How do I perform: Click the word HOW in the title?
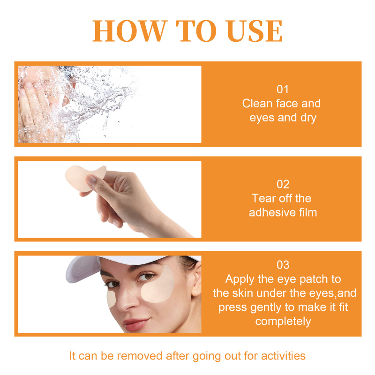130,31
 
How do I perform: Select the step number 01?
283,89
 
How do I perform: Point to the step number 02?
283,184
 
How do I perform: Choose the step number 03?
283,265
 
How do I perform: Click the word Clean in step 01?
257,104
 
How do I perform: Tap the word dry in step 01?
308,118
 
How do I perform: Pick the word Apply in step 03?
240,279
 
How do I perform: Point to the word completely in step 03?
283,322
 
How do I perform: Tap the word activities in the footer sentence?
283,356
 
